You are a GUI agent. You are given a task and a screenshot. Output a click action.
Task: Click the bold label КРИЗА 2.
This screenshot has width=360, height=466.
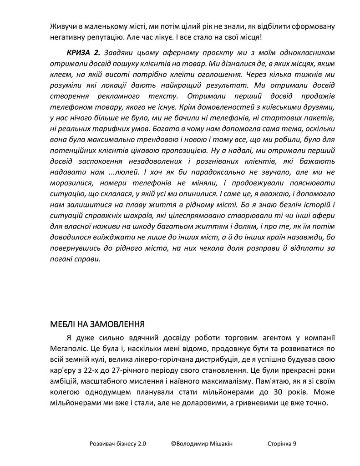click(82, 53)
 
